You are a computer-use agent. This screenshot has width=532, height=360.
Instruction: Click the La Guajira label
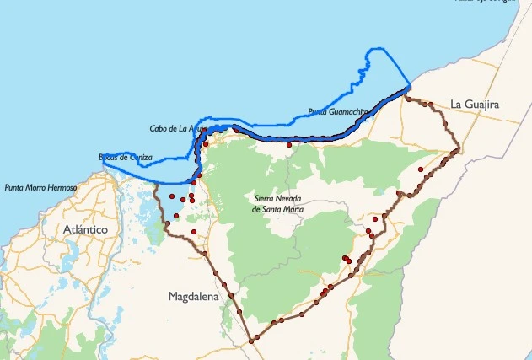[x=475, y=104]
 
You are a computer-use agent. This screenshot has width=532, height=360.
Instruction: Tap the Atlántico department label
[x=85, y=228]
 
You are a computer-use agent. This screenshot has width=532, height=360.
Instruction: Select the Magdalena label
[x=193, y=297]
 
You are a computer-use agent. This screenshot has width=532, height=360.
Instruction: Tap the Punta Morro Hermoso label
[x=40, y=187]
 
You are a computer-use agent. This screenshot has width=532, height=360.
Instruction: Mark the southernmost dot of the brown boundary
[x=251, y=341]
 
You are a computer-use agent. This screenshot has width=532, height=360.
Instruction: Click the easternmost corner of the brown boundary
[x=458, y=151]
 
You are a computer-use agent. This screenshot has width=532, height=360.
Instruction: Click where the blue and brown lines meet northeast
[x=409, y=88]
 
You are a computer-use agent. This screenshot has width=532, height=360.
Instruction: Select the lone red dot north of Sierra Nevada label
[x=289, y=145]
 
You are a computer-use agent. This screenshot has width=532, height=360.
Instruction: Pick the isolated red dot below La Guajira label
[x=420, y=169]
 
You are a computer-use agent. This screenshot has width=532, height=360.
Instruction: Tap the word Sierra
[x=266, y=198]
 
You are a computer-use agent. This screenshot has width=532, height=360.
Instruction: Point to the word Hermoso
[x=61, y=187]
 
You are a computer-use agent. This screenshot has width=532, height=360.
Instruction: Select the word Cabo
[x=158, y=128]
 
